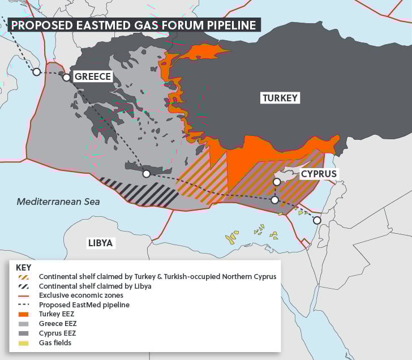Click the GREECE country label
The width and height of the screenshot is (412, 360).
tap(93, 77)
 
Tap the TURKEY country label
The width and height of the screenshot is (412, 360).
tap(280, 98)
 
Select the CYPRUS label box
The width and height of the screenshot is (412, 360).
tap(319, 174)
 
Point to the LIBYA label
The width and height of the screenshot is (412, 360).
tap(101, 243)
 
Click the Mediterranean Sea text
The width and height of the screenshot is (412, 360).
tap(58, 202)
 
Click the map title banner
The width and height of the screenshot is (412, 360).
tap(134, 24)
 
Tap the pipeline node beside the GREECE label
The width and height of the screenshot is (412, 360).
tap(66, 78)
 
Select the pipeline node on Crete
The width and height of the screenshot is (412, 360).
tap(146, 174)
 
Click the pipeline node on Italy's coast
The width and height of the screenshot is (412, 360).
tap(36, 72)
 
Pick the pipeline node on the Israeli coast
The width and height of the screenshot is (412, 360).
tap(317, 220)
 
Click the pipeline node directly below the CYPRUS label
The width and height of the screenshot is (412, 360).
tap(277, 182)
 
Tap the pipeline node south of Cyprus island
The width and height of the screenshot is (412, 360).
tap(275, 200)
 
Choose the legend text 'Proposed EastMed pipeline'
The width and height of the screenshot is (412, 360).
tap(84, 305)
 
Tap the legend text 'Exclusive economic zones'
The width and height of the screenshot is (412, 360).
tap(81, 295)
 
